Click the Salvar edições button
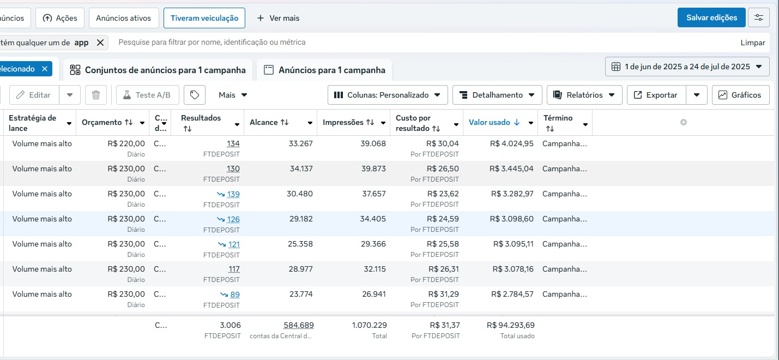tap(711, 18)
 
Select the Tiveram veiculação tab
tap(204, 18)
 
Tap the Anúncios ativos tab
tap(123, 18)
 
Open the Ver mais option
tap(278, 18)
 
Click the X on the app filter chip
tap(100, 43)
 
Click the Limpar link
tap(753, 43)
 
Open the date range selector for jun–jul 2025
tap(687, 67)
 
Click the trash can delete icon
tap(95, 95)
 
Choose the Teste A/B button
tap(147, 95)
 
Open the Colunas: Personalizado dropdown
tap(388, 95)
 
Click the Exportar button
tap(656, 95)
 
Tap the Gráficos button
tap(740, 95)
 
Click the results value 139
tap(233, 194)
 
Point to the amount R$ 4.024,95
tap(511, 143)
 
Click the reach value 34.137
tap(301, 169)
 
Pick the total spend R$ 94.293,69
tap(511, 325)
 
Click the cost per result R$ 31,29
tap(443, 294)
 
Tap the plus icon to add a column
tap(684, 122)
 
